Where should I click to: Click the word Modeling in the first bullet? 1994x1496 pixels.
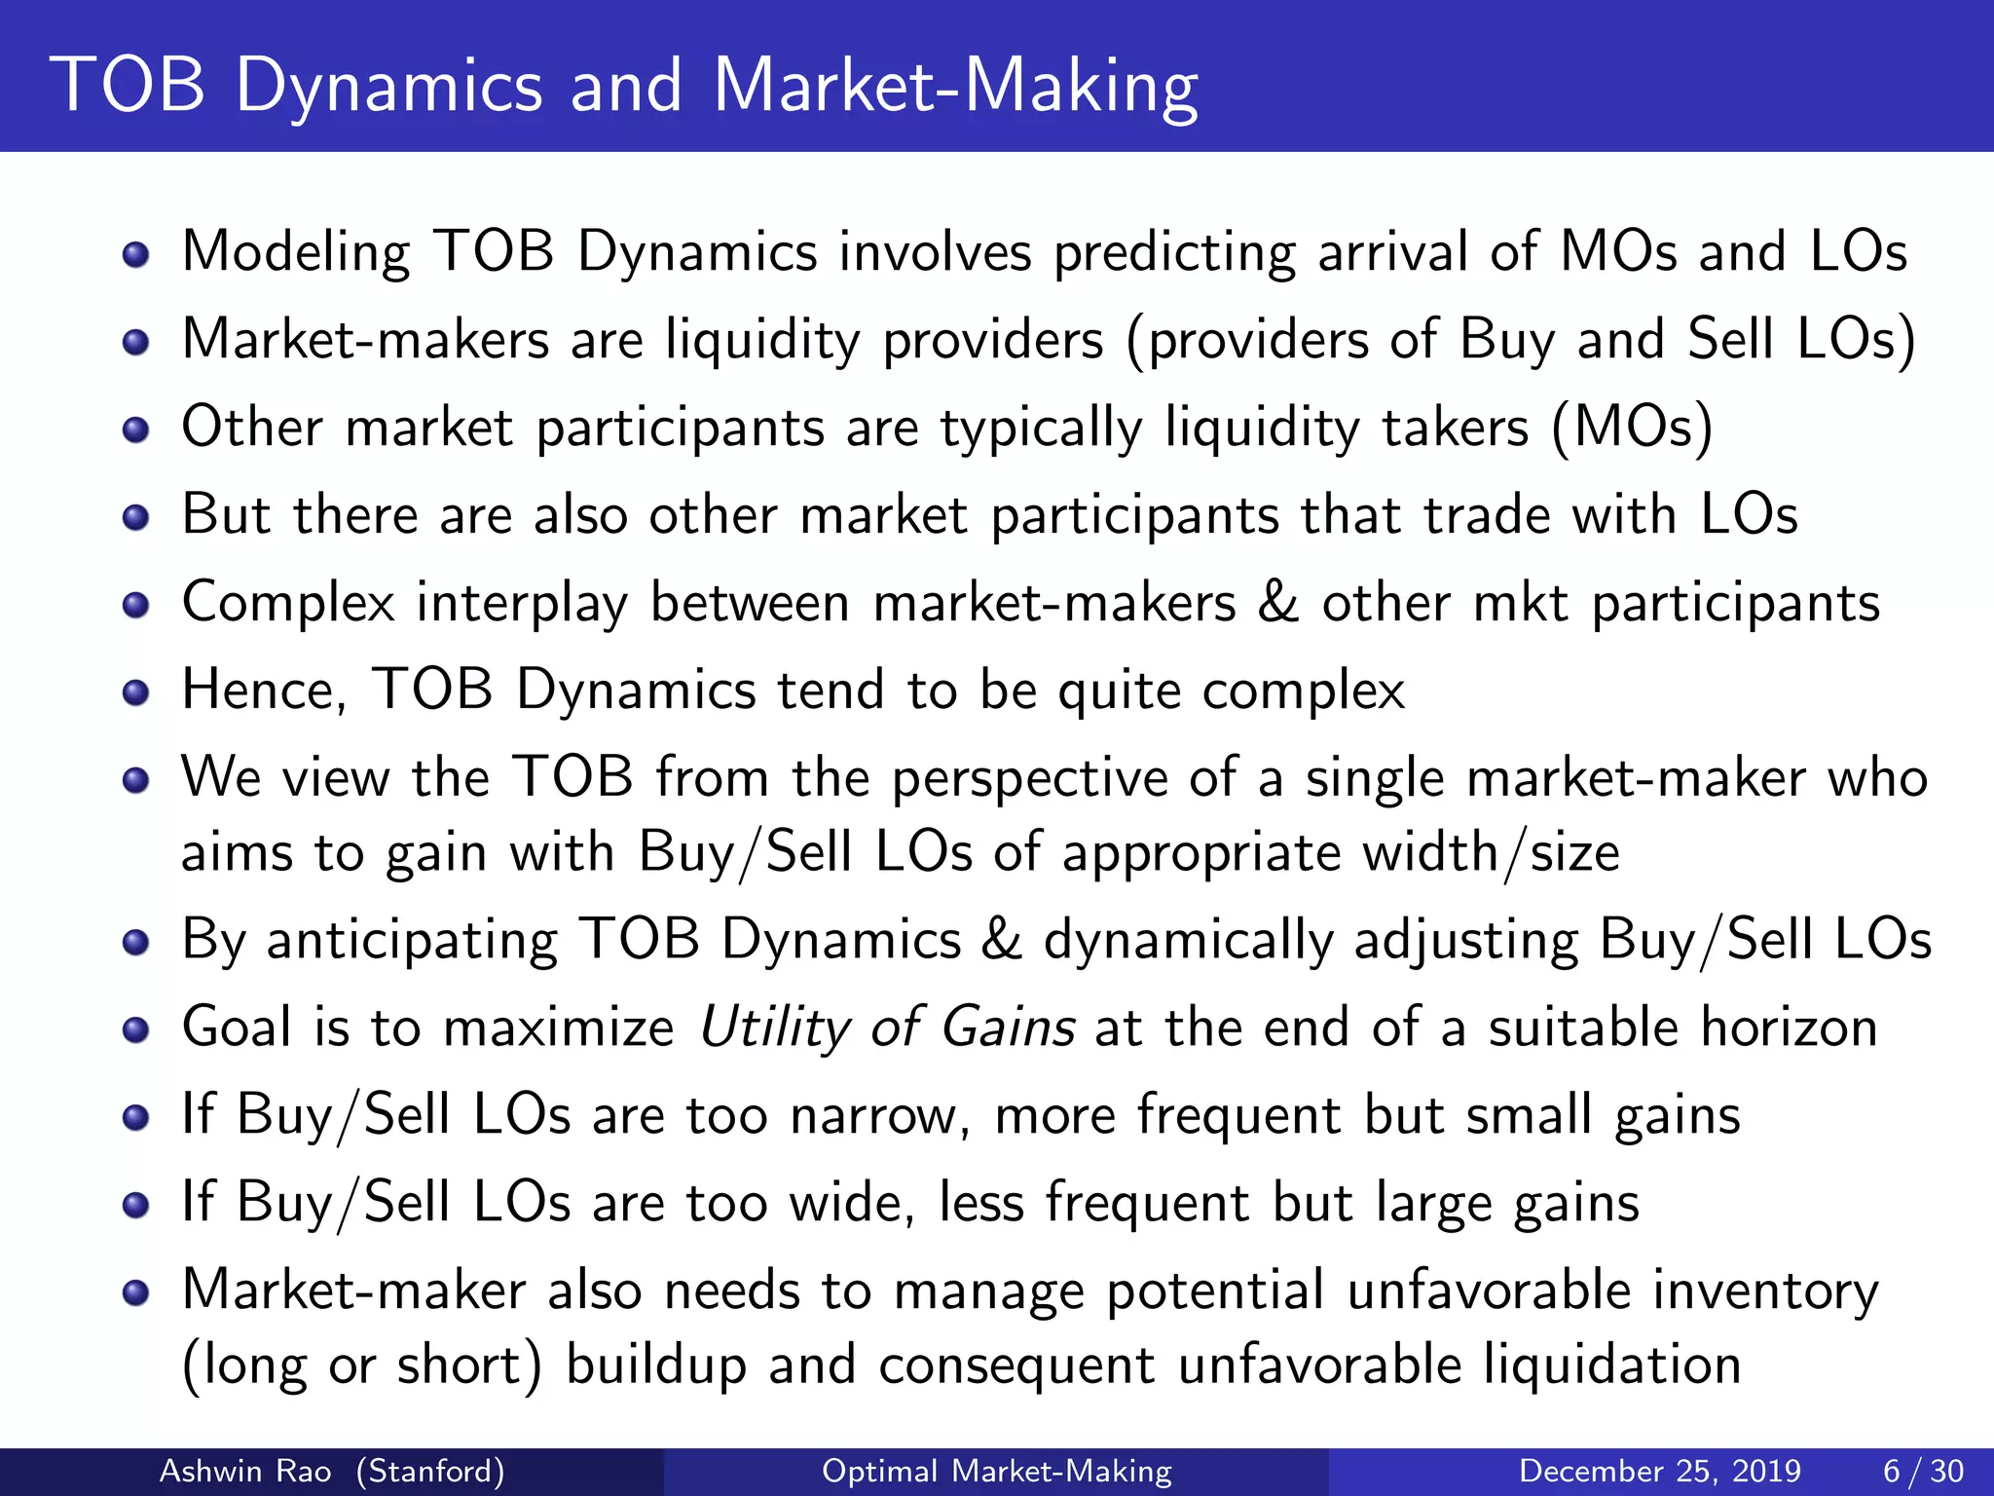point(296,252)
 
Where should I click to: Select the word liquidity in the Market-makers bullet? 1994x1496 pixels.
point(762,340)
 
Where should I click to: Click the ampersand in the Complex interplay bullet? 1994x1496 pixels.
point(1278,602)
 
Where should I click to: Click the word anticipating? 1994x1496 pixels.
point(412,940)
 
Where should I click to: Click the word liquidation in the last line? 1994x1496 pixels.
point(1612,1365)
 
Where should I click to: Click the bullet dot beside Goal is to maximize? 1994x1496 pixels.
point(136,1029)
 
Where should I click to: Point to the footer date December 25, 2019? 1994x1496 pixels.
point(1659,1471)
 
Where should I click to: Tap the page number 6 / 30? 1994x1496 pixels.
point(1923,1471)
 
